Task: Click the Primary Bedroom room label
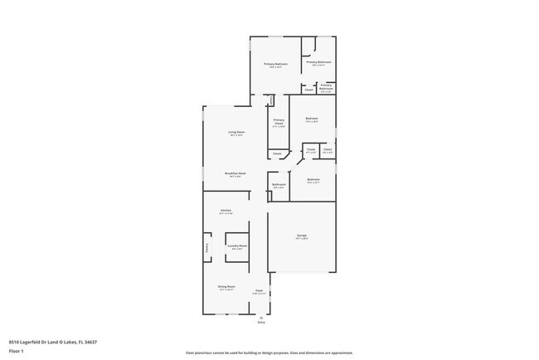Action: tap(276, 64)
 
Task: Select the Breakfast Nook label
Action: tap(236, 173)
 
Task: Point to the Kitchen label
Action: tap(226, 211)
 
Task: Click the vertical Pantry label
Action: tap(207, 247)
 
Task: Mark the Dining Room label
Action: tap(226, 287)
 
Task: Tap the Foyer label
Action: tap(260, 290)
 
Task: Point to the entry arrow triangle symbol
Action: tap(261, 317)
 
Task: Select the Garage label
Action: tap(302, 236)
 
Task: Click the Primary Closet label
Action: tap(279, 123)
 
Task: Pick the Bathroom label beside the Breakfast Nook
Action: tap(279, 184)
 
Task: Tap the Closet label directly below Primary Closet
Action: tap(277, 153)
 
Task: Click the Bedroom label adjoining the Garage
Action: tap(313, 180)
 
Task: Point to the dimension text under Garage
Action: tap(302, 239)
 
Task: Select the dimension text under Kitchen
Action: tap(226, 214)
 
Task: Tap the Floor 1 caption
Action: tap(16, 350)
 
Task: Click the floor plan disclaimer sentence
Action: tap(269, 353)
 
